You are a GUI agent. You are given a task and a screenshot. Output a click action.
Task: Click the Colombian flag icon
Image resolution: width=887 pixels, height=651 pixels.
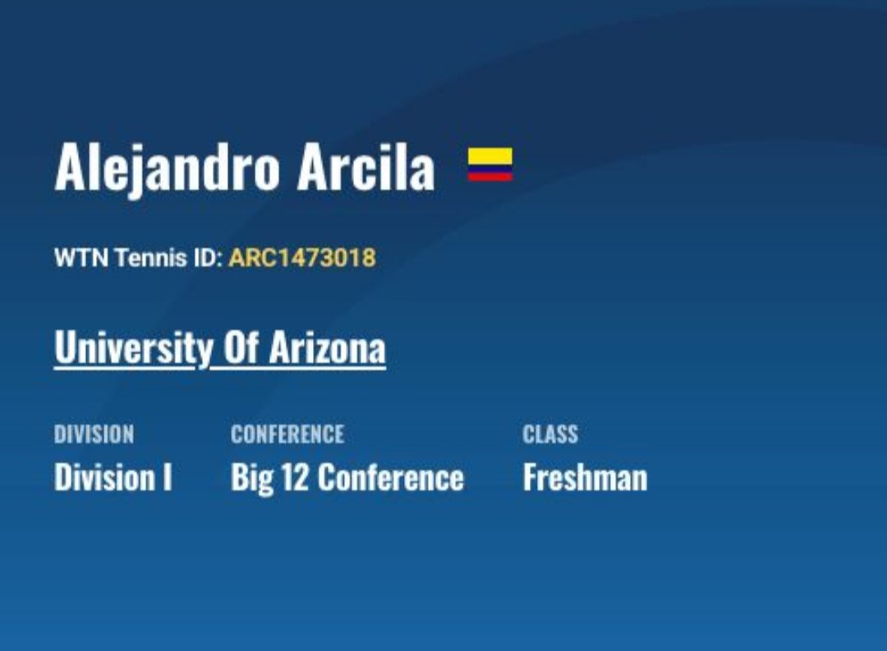click(x=490, y=164)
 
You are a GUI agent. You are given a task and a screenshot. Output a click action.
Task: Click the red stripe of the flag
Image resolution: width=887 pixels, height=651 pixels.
click(x=490, y=177)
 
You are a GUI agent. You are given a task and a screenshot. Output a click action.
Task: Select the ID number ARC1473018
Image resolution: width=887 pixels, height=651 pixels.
click(x=302, y=258)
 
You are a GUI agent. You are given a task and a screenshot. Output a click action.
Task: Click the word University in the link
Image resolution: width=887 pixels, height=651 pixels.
click(x=132, y=349)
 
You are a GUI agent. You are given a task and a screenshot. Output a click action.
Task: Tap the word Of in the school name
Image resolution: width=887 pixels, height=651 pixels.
click(x=240, y=349)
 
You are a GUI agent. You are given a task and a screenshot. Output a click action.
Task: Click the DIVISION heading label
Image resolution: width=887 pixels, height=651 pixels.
click(x=94, y=434)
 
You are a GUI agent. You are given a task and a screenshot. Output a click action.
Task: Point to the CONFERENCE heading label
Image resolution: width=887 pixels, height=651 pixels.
click(x=287, y=434)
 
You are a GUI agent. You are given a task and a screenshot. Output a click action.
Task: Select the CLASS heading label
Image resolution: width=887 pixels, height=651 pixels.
click(x=550, y=434)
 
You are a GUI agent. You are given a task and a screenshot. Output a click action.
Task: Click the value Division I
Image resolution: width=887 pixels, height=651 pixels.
click(x=113, y=477)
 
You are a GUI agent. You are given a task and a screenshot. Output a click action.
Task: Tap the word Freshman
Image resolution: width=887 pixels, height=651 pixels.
click(x=585, y=477)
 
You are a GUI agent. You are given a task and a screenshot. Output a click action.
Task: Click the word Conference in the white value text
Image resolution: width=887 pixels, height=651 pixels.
click(x=390, y=477)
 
